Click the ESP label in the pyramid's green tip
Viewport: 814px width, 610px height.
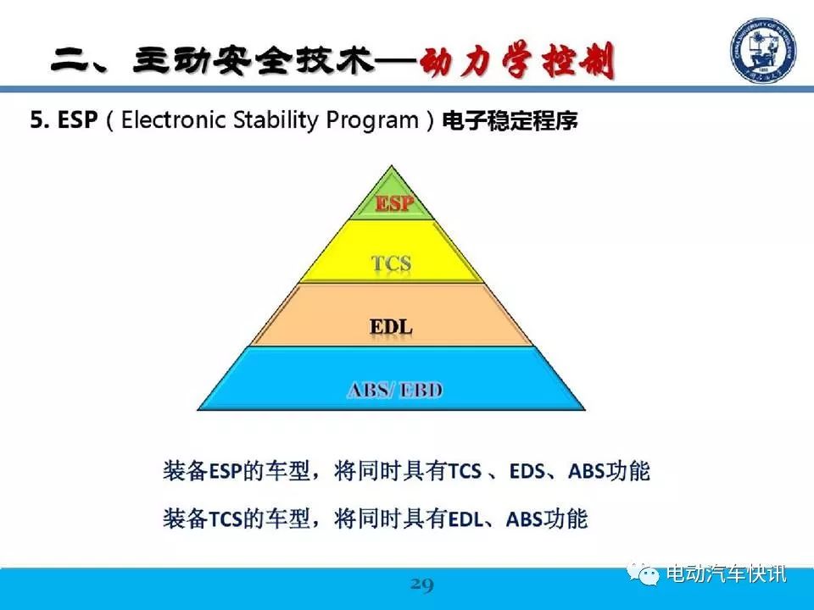pos(394,202)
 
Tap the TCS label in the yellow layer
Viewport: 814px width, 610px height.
pos(392,263)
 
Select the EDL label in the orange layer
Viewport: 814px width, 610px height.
pos(391,327)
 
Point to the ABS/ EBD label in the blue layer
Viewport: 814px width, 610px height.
pos(394,390)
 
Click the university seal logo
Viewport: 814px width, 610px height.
pos(763,50)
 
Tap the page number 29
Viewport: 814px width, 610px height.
pos(421,585)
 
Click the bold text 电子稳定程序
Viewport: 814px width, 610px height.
pos(510,121)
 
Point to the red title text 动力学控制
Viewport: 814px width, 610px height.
pos(517,61)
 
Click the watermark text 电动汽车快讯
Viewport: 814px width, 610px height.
pos(727,574)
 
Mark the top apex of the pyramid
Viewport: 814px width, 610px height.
pos(392,166)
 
